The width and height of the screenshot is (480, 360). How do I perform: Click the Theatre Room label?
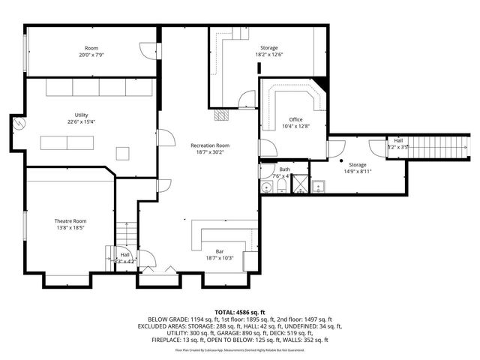[x=70, y=221]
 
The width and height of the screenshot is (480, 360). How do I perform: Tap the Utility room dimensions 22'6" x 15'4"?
[x=81, y=122]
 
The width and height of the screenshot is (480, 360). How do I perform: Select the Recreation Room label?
[x=210, y=145]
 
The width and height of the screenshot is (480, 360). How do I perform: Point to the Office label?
[x=295, y=120]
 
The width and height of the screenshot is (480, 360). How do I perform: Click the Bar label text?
[x=220, y=251]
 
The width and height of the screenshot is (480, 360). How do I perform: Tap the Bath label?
[x=284, y=169]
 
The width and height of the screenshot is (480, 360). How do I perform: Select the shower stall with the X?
[x=298, y=184]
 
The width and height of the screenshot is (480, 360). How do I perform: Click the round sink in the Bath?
[x=266, y=185]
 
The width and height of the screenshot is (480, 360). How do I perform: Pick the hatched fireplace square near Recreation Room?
[x=220, y=115]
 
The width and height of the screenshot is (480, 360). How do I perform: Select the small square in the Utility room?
[x=122, y=154]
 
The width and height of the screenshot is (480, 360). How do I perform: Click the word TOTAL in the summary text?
[x=225, y=310]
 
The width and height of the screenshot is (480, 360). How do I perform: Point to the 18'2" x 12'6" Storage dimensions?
[x=268, y=54]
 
